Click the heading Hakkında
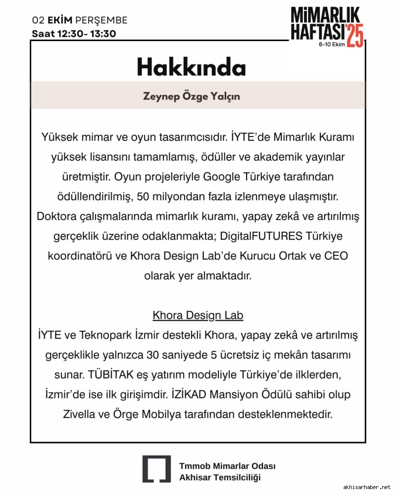191,67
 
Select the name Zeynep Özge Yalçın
191,96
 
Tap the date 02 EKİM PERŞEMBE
80,20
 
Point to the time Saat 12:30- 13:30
74,34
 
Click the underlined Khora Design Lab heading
198,315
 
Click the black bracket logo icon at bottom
156,469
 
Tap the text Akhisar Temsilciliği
219,477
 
